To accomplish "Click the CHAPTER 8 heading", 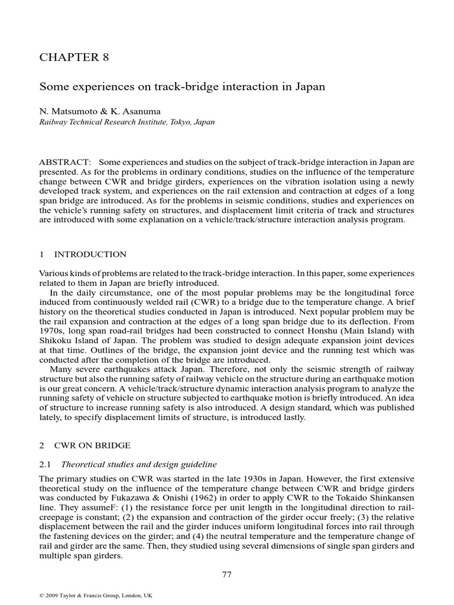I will click(74, 57).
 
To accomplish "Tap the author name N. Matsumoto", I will click(67, 110).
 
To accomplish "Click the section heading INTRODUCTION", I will click(90, 255).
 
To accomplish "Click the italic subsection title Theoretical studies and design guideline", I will click(144, 464).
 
